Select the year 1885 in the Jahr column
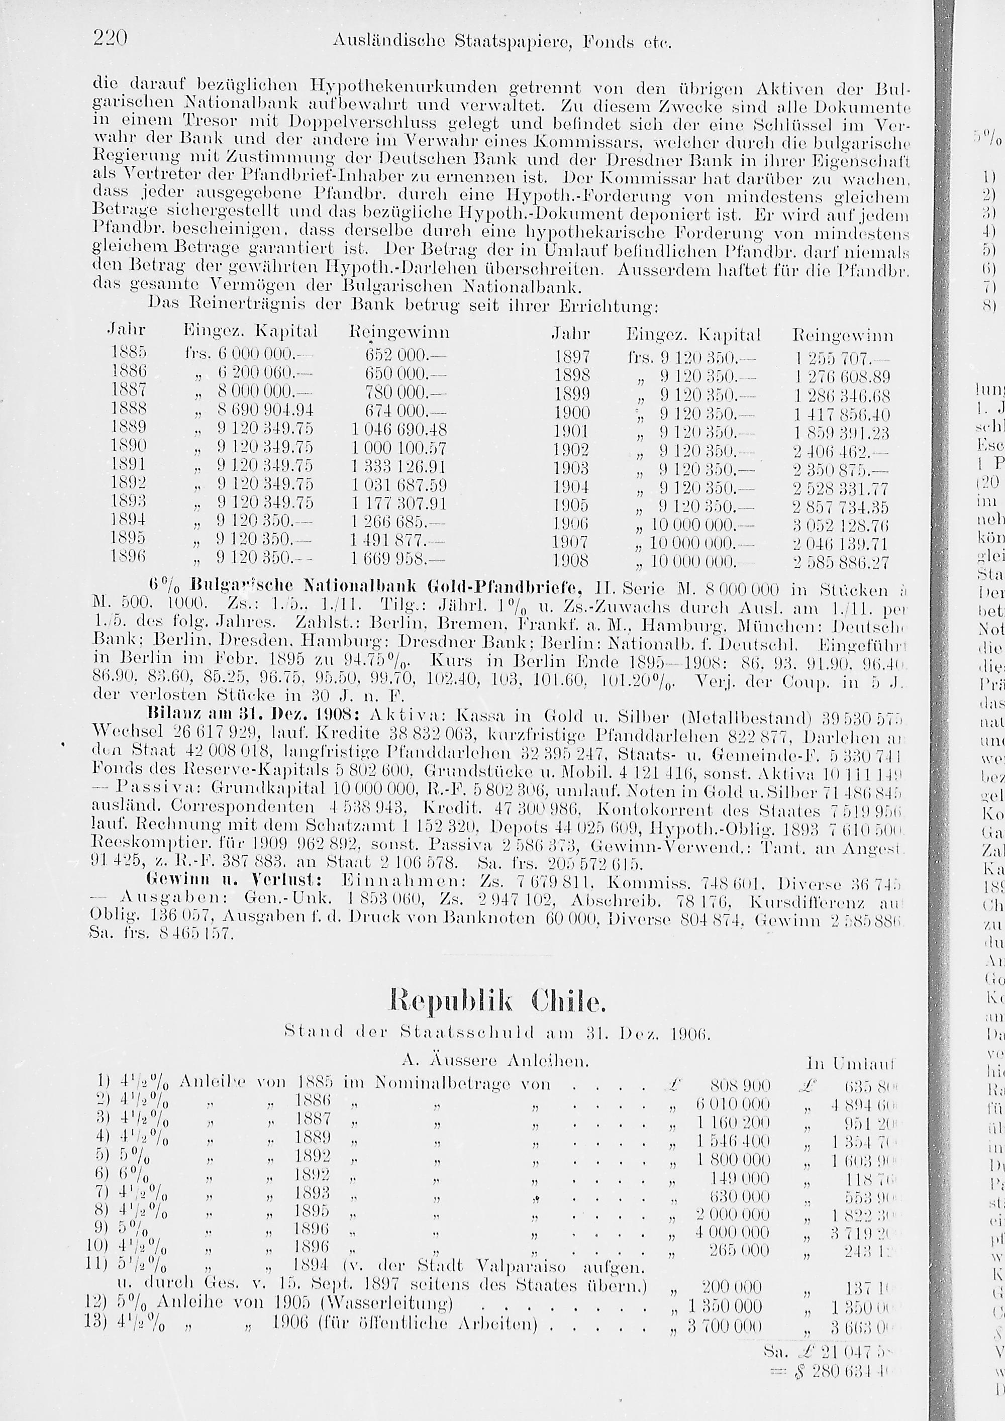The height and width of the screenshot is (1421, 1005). click(129, 353)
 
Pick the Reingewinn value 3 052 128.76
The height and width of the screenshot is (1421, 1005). click(840, 526)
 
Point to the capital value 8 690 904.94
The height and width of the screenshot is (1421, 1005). click(265, 411)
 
